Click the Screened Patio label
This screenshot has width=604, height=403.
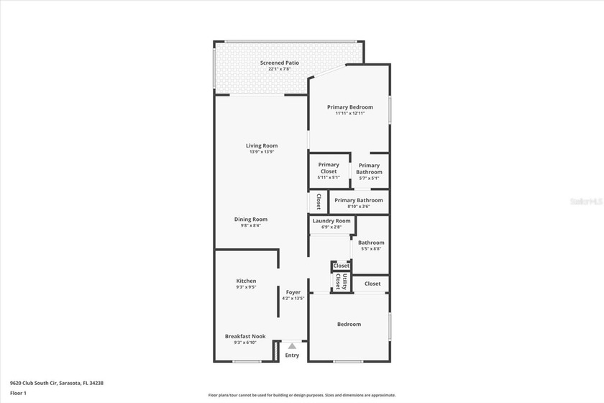(x=279, y=63)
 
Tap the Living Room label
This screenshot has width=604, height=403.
(x=261, y=145)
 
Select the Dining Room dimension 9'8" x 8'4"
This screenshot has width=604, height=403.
(x=250, y=225)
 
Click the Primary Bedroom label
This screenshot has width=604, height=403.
(x=349, y=107)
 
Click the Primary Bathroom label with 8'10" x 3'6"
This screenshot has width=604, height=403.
(x=359, y=200)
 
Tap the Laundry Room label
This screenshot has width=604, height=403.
(x=331, y=221)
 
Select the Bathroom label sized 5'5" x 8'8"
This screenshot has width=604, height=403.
(x=371, y=243)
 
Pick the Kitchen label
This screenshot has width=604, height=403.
(x=246, y=281)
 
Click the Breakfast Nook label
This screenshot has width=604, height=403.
(x=245, y=336)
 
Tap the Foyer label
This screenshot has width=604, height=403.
(x=293, y=292)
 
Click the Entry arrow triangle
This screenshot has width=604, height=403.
(x=292, y=346)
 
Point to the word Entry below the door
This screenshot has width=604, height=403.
(x=292, y=356)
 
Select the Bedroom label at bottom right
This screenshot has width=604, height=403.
(x=349, y=324)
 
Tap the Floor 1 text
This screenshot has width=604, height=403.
(x=18, y=393)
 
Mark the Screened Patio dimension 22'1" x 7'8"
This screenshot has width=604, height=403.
(x=279, y=69)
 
